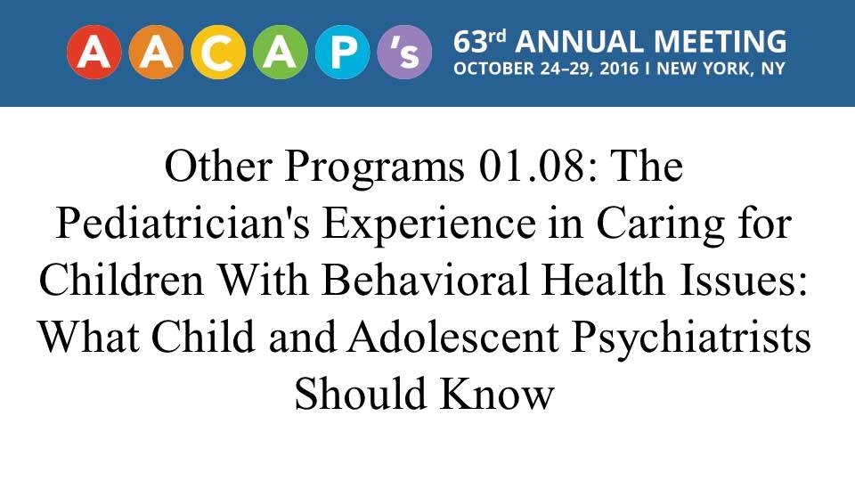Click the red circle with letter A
pos(94,53)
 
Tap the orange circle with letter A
pos(157,53)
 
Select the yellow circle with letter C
pos(218,53)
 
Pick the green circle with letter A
pos(281,53)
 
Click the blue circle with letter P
pos(342,53)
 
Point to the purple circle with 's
pos(404,53)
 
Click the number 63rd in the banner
pos(480,42)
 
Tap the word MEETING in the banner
pos(720,42)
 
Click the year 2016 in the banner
pos(619,69)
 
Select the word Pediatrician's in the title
pos(183,223)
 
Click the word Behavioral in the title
pos(426,279)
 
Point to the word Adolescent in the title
pos(453,336)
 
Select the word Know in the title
pos(498,393)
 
